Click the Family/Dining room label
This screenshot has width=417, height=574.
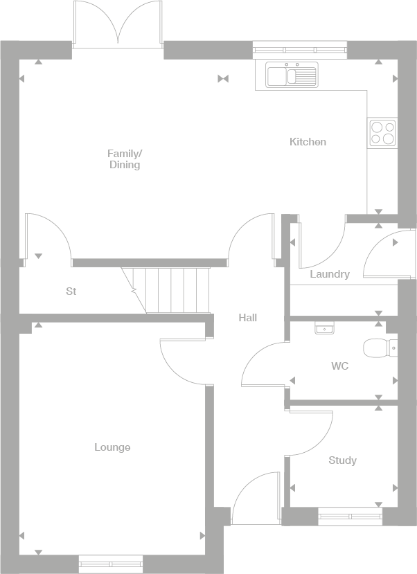(x=124, y=159)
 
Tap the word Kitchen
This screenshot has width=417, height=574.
(x=308, y=142)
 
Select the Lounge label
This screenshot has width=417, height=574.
(x=112, y=447)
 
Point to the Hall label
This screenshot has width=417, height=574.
(x=247, y=318)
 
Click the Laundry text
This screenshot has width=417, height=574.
(x=330, y=274)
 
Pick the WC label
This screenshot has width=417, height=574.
(x=339, y=366)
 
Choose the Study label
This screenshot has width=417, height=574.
(x=342, y=460)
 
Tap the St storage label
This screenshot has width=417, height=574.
(x=71, y=292)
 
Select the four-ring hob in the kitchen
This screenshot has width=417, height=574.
(x=382, y=132)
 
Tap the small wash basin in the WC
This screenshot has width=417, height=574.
(x=323, y=328)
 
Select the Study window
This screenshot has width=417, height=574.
(x=350, y=515)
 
